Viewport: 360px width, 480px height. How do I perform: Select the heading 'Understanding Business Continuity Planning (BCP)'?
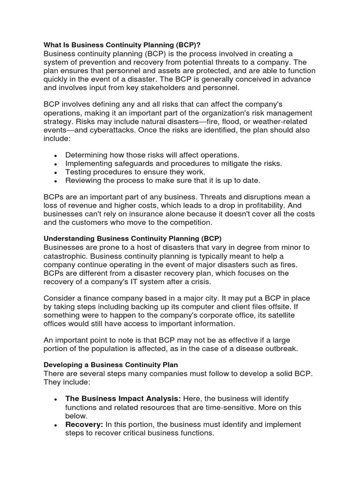tap(133, 239)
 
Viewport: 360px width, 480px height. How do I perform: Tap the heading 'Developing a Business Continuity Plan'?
tap(111, 364)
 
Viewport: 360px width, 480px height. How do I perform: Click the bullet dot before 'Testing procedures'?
tap(56, 172)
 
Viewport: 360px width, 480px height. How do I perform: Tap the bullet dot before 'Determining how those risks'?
tap(56, 156)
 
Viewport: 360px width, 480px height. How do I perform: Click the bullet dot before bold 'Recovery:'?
tap(56, 425)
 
